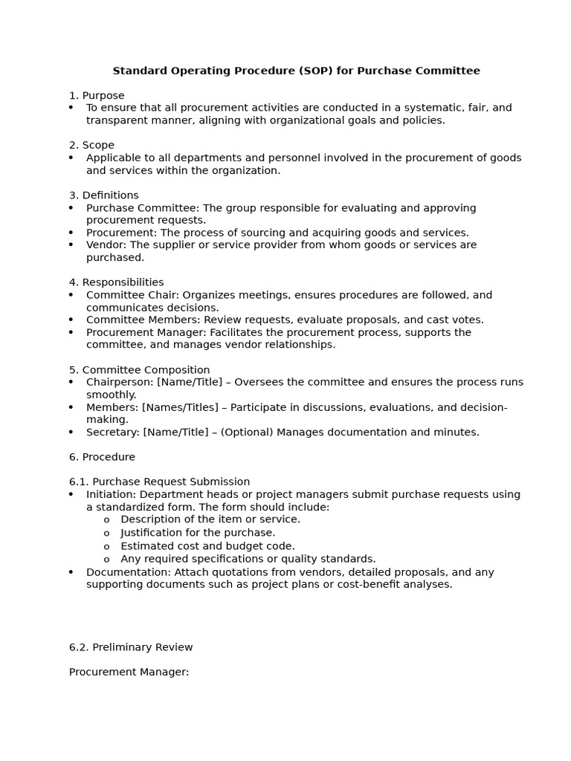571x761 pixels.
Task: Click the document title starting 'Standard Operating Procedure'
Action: (296, 71)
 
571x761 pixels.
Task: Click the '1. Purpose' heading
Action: (97, 95)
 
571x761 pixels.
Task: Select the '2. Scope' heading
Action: (91, 145)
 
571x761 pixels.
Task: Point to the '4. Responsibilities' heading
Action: (116, 282)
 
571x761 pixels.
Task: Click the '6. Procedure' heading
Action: (102, 457)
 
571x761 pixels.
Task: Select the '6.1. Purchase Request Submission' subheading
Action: (159, 482)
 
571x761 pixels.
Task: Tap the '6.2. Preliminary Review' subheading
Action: (131, 647)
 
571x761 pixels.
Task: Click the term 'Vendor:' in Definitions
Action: (106, 245)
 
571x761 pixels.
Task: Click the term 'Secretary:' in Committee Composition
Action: (113, 432)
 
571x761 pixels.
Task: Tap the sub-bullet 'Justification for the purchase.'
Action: (198, 532)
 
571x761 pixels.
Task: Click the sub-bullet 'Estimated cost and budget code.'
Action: (207, 545)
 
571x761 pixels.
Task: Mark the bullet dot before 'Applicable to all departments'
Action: (71, 158)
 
